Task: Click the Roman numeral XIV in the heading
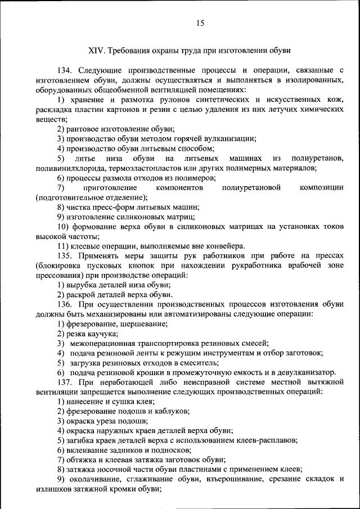click(97, 50)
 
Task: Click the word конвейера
click(224, 246)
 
